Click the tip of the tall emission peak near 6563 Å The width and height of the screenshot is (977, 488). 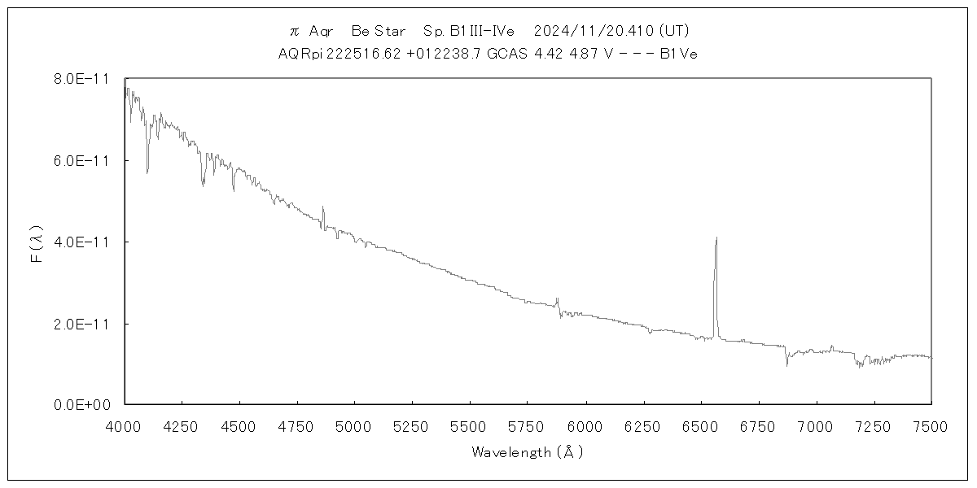click(716, 237)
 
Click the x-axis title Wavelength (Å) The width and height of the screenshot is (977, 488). click(528, 452)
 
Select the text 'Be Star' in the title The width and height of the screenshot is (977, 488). click(378, 31)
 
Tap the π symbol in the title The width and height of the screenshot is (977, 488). click(295, 31)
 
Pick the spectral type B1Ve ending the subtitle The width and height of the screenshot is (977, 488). click(678, 54)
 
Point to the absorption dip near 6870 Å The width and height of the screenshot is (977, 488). click(786, 365)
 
